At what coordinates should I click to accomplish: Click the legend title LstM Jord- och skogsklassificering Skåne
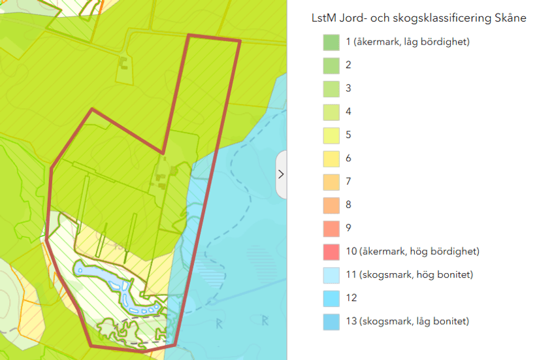(x=419, y=18)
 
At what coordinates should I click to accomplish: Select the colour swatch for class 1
(x=331, y=42)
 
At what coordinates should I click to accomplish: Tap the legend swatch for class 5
(x=331, y=135)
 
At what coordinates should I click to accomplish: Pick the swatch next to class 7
(x=331, y=182)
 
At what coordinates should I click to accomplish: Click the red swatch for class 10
(x=331, y=252)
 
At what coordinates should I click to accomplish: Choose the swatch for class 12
(x=331, y=298)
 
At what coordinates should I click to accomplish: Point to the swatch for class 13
(x=331, y=321)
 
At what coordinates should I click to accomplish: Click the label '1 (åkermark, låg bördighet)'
(x=408, y=42)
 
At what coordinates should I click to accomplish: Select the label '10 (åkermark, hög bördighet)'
(x=412, y=252)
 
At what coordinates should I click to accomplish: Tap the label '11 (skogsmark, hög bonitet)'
(x=410, y=274)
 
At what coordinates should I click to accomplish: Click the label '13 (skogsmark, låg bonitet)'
(x=408, y=321)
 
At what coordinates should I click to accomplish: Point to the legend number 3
(x=349, y=88)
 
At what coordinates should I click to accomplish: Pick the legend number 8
(x=349, y=205)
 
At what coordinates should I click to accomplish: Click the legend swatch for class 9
(x=331, y=228)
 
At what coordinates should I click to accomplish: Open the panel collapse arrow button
(x=281, y=174)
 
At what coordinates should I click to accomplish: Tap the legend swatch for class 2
(x=331, y=65)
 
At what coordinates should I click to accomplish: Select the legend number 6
(x=349, y=158)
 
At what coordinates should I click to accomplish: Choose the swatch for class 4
(x=331, y=112)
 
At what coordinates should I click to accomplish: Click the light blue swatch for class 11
(x=331, y=274)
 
